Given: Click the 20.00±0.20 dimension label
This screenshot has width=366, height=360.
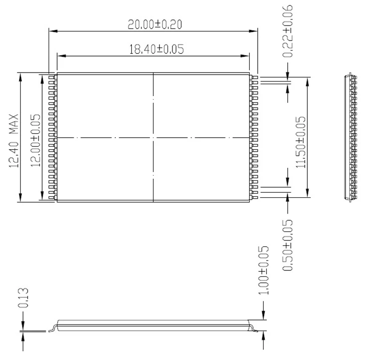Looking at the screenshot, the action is [155, 25].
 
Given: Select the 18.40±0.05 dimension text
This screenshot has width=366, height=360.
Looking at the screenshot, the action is [156, 49].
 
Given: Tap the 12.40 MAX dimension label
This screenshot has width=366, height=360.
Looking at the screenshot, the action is [14, 141].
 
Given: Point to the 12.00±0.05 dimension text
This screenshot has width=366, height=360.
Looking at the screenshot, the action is [36, 140].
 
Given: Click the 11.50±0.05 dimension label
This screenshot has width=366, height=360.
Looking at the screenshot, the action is [301, 142].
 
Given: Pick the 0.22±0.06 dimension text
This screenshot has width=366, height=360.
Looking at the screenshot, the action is [288, 31].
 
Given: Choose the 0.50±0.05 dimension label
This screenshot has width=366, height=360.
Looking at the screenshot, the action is [288, 245].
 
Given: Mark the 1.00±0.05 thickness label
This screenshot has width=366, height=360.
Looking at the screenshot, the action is [264, 270].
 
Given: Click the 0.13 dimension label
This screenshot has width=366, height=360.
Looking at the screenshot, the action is [23, 298].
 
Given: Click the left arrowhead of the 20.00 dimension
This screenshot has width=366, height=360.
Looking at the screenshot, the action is [53, 31].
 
